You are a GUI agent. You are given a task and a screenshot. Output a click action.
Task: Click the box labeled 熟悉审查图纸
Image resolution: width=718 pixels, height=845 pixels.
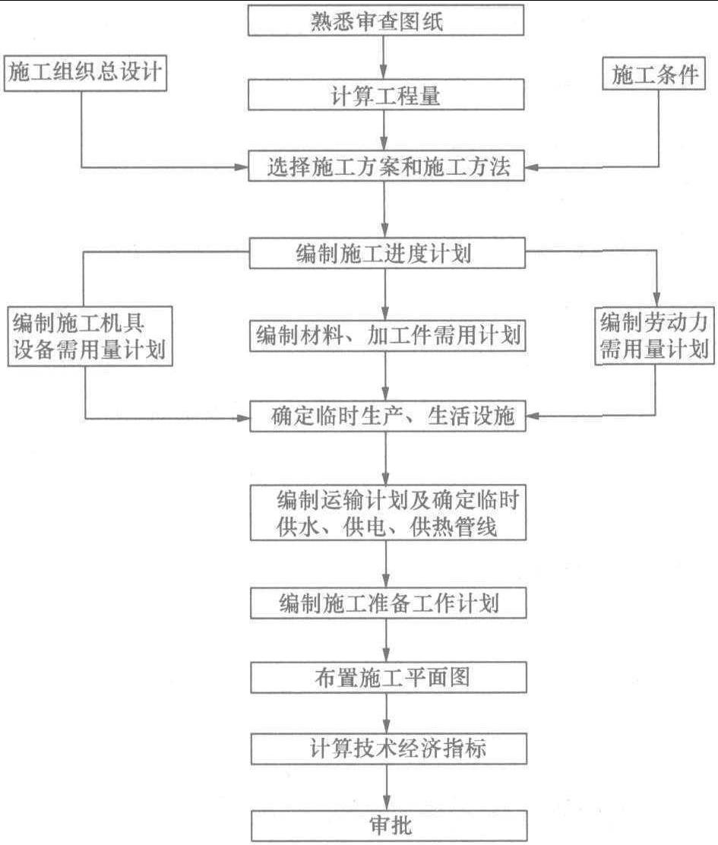386,21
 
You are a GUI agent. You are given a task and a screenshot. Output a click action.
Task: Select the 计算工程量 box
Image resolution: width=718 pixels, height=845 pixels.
386,95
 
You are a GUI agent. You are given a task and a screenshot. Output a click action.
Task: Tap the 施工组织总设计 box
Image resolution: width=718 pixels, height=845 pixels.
86,72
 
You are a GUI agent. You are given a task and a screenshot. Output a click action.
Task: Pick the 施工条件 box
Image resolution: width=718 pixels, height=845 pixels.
654,73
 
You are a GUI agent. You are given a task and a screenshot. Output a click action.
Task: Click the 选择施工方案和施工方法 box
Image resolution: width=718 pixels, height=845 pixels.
386,166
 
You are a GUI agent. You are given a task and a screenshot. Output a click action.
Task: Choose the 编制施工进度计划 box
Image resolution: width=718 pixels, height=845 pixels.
387,253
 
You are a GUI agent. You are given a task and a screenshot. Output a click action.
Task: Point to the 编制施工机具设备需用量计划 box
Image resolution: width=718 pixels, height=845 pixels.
90,337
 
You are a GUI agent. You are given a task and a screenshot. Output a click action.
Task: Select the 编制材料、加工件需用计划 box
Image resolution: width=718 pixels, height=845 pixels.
387,336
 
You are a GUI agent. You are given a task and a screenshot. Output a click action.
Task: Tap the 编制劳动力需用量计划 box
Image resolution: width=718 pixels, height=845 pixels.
654,337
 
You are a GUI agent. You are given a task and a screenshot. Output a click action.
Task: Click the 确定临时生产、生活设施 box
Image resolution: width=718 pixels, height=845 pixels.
387,416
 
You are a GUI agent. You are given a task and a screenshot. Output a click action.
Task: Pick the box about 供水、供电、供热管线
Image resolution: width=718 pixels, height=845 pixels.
387,512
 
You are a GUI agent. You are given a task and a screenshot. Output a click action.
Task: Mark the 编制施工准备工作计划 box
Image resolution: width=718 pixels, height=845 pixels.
388,603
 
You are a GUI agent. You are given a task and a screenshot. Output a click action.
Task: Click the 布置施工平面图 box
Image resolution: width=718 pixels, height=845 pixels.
388,677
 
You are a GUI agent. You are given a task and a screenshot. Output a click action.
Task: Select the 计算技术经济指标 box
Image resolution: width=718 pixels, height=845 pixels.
389,748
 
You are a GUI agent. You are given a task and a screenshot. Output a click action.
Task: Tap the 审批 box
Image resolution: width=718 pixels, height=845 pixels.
389,825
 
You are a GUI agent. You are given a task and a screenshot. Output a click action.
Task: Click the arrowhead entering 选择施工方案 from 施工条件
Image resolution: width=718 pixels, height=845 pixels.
531,167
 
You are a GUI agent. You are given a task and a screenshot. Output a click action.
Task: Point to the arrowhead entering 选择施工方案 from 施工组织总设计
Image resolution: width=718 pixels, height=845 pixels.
242,167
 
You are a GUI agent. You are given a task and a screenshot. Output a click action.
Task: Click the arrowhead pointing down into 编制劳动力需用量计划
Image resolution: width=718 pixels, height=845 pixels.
656,300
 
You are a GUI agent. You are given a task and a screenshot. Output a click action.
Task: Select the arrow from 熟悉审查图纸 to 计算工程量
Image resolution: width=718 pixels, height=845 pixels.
384,58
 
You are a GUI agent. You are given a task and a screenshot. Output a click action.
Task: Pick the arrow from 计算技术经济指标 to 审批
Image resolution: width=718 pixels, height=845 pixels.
386,786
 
